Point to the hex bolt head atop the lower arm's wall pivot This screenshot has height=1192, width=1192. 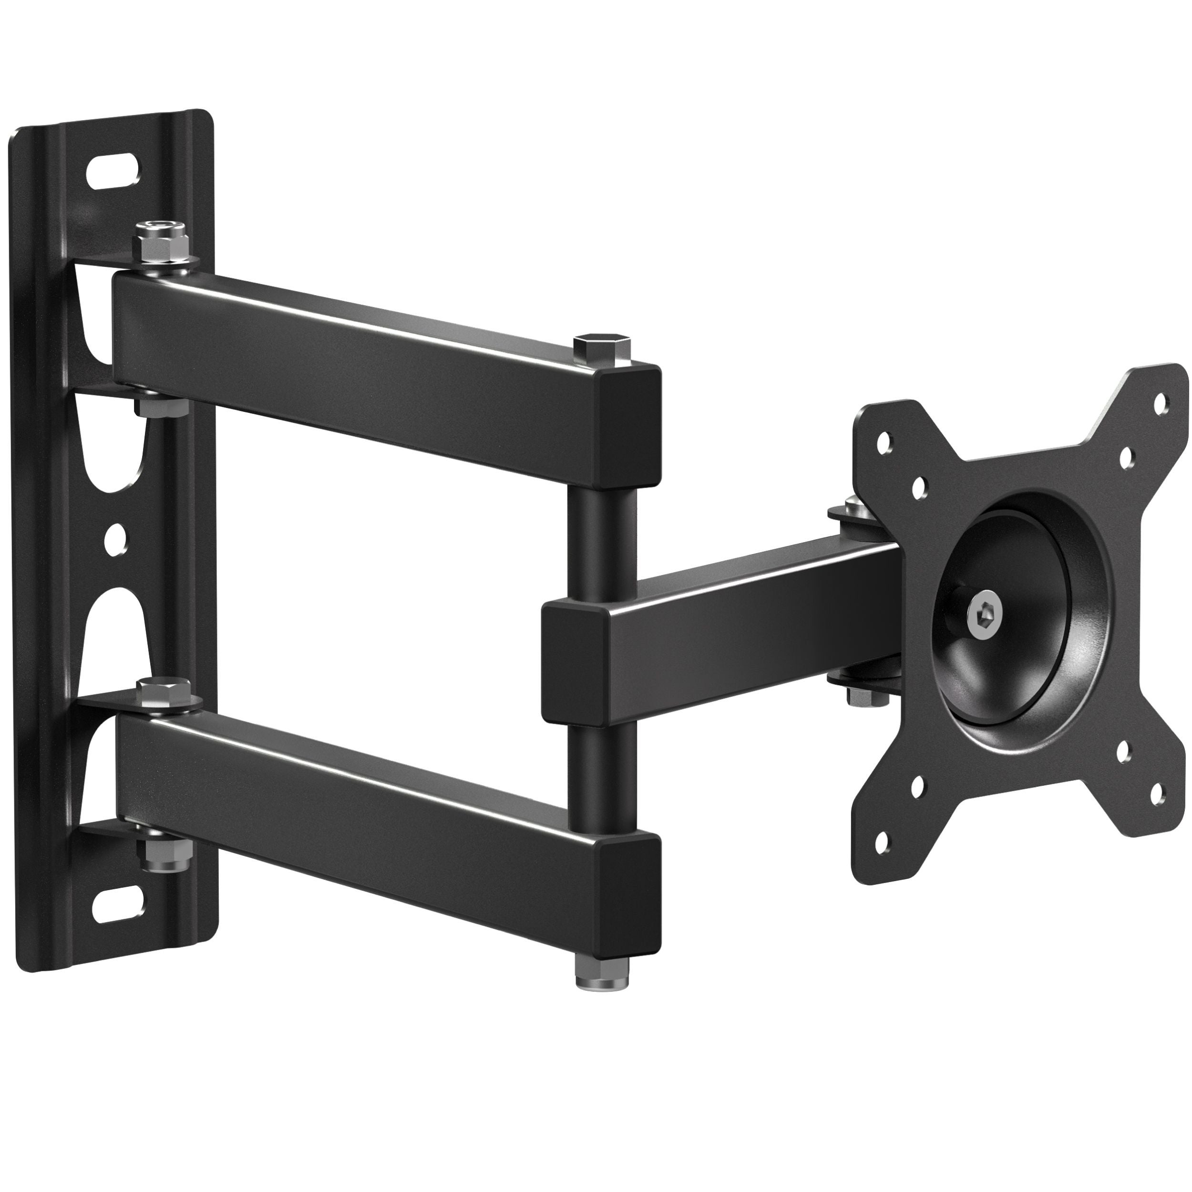pyautogui.click(x=164, y=691)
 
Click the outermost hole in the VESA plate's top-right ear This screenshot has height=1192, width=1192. pyautogui.click(x=1161, y=403)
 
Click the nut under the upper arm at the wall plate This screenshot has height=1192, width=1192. pyautogui.click(x=162, y=406)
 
